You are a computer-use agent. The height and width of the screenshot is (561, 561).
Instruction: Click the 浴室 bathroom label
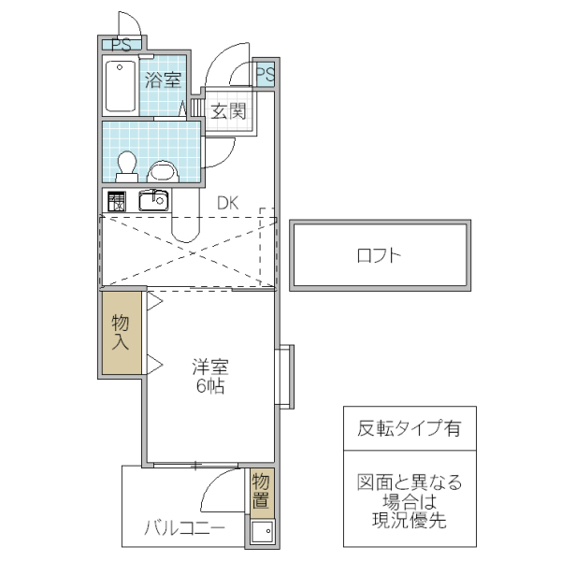click(163, 79)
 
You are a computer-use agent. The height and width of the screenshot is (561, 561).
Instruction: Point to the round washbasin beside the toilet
click(164, 170)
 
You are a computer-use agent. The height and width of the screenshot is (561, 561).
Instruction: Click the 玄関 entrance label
click(226, 112)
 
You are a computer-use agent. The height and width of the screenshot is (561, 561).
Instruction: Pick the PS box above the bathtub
click(122, 44)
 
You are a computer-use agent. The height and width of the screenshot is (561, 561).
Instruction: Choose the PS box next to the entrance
click(264, 74)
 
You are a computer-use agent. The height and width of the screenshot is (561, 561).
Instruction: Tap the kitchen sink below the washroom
click(152, 199)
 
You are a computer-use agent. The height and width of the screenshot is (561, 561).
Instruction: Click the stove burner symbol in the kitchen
click(117, 200)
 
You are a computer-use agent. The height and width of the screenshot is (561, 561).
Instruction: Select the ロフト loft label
click(380, 255)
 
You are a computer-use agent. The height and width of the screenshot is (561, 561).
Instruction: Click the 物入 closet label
click(122, 333)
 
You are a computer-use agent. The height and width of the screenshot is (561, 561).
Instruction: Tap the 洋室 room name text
click(210, 366)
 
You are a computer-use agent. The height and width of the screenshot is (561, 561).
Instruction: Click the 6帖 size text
click(210, 385)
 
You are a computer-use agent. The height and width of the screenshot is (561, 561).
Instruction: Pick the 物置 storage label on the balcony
click(261, 492)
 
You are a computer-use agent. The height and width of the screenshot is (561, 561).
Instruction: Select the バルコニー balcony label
click(184, 528)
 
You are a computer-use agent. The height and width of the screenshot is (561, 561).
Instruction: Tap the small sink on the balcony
click(261, 533)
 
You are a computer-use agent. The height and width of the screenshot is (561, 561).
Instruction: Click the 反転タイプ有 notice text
click(409, 429)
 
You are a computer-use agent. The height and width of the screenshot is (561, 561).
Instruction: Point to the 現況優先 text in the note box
click(409, 520)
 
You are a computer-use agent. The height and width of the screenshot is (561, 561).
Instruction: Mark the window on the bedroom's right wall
click(285, 376)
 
